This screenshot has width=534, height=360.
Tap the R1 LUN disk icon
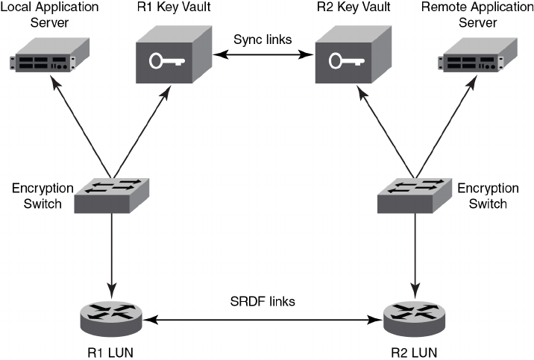[110, 316]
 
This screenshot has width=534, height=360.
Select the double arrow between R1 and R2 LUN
[263, 320]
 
